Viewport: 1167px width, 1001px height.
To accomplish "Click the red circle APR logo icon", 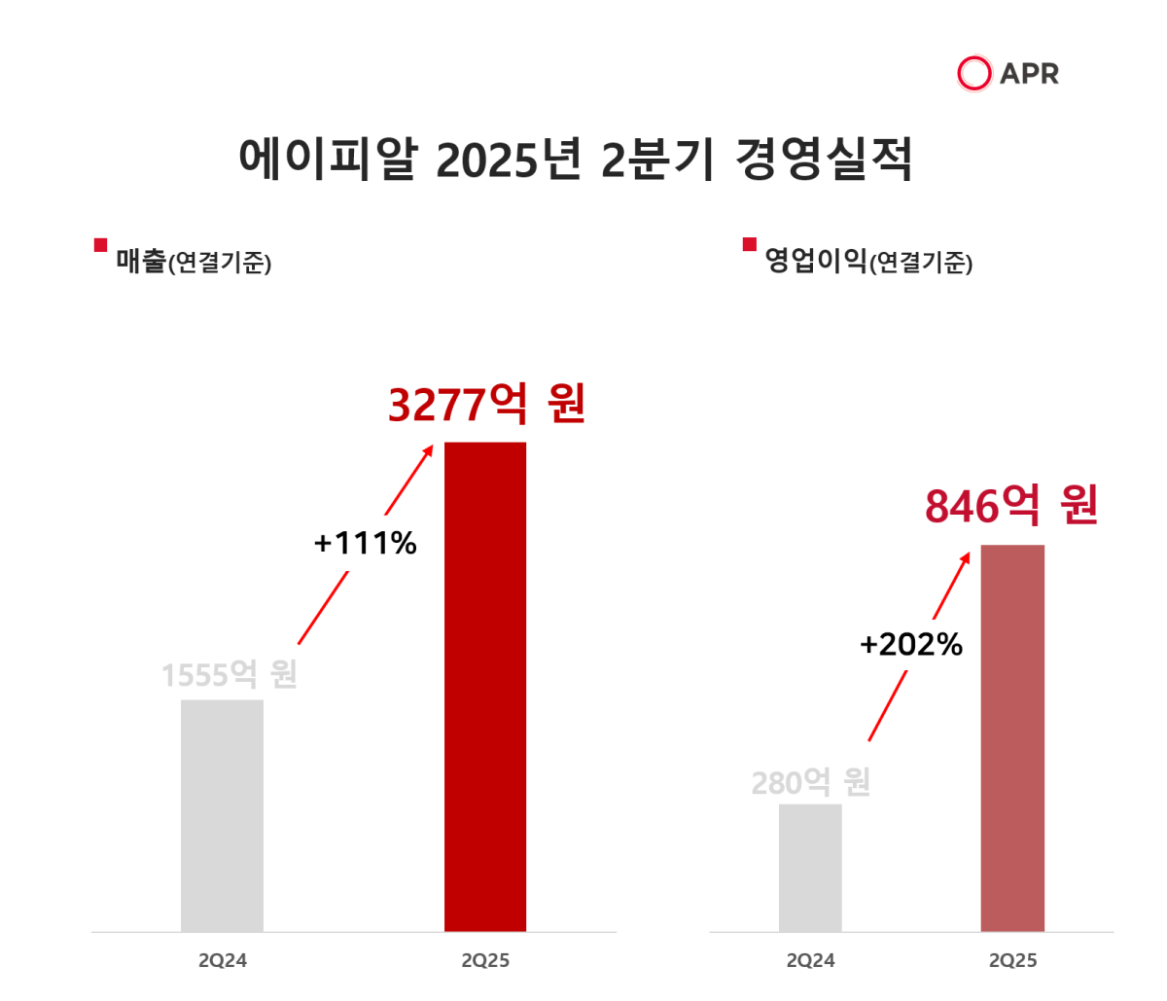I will (x=973, y=74).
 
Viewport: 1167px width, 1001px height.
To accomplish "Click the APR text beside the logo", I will (x=1029, y=74).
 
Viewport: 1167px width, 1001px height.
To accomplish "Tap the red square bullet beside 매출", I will (x=100, y=245).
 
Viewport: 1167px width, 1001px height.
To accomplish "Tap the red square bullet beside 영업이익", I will (x=749, y=244).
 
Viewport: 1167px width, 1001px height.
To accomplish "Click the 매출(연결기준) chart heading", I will (x=194, y=262).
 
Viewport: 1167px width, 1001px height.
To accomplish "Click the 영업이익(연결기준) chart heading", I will (x=867, y=261).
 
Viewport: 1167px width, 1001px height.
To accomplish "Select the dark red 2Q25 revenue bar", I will (x=485, y=686).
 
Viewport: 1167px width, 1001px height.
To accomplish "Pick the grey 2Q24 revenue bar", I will (x=222, y=815).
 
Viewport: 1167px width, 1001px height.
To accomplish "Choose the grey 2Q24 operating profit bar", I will (x=810, y=867).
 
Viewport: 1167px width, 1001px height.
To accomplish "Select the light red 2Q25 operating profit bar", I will (x=1012, y=737).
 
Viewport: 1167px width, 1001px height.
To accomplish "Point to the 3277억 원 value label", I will (x=486, y=405).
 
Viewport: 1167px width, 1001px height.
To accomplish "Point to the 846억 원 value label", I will (x=1011, y=506).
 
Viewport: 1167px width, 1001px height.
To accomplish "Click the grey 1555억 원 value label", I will (x=229, y=674).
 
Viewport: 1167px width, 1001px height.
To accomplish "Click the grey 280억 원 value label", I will (x=810, y=782).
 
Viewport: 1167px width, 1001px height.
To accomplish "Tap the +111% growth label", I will (x=365, y=543).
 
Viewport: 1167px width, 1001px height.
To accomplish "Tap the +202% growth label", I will (x=911, y=644).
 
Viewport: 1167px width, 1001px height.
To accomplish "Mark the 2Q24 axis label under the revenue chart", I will (x=223, y=961).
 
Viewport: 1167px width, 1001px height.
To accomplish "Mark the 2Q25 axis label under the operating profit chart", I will (x=1012, y=961).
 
